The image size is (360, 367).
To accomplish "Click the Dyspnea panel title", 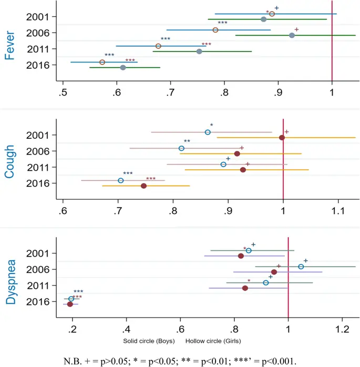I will [9, 278].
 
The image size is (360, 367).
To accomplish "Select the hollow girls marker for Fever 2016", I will [102, 62].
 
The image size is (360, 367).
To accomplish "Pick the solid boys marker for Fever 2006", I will [292, 35].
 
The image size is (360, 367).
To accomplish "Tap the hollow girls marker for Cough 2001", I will [208, 132].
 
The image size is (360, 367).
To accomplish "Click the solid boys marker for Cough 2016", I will [143, 186].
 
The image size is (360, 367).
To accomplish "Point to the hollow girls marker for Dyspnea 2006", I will [301, 267].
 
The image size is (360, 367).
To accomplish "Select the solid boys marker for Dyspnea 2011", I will [245, 288].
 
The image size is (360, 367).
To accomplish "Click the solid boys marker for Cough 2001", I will [282, 138].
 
